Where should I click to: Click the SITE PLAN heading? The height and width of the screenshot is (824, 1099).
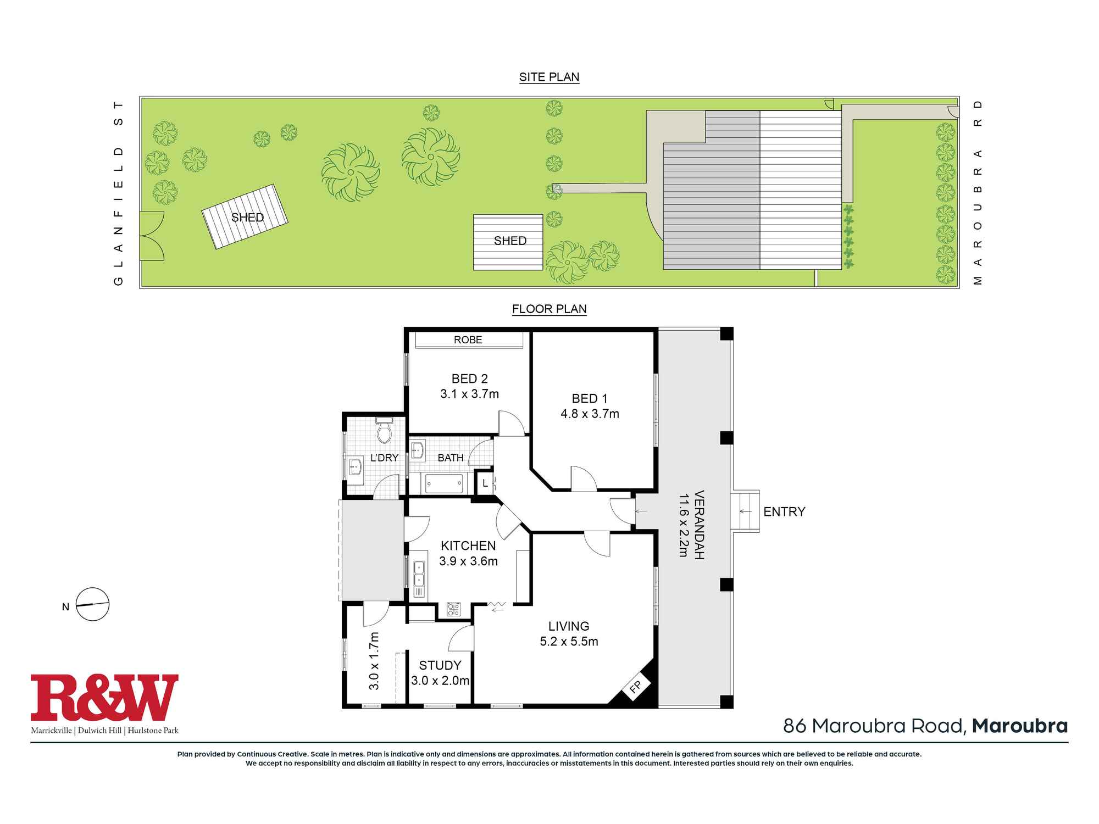549,77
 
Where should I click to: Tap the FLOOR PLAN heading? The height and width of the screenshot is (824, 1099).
549,309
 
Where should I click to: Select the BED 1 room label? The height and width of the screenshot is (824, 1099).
590,399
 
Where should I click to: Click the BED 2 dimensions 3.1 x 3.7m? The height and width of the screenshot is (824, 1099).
469,394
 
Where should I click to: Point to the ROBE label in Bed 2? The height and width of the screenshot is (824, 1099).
468,340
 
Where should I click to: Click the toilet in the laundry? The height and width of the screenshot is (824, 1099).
384,432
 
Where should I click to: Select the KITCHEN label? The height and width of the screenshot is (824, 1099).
468,545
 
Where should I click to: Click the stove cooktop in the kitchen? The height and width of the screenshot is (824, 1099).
454,609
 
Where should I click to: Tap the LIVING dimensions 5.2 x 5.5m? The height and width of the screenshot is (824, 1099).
569,642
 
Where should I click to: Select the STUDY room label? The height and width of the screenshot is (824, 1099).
440,666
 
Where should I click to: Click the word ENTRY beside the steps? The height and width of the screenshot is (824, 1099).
784,512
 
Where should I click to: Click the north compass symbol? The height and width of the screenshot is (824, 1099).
92,604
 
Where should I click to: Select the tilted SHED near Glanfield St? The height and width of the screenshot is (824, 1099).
245,216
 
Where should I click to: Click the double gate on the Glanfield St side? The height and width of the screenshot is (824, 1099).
151,236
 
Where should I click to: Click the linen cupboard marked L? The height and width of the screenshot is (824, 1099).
485,483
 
